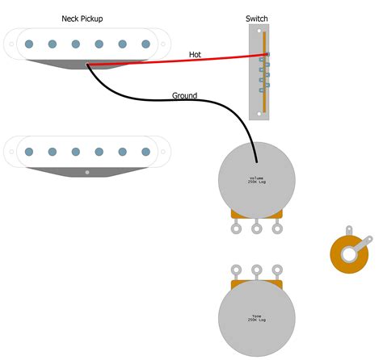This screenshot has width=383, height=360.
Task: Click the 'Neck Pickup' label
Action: [82, 18]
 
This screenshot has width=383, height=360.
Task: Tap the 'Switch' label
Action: [258, 18]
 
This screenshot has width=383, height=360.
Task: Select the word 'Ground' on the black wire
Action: [184, 96]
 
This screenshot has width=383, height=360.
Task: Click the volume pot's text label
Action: [257, 180]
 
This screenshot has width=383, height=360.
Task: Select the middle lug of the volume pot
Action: [257, 229]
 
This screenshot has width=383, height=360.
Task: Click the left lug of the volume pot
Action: [237, 229]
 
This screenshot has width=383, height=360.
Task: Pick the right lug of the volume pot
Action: [277, 229]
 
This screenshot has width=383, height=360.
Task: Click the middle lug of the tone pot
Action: [257, 270]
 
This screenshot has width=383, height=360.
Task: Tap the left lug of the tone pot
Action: [237, 270]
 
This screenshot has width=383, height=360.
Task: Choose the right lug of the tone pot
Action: [277, 270]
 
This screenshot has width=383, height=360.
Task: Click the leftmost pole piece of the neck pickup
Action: [28, 44]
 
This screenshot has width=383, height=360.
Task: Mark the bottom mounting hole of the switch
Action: [258, 115]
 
